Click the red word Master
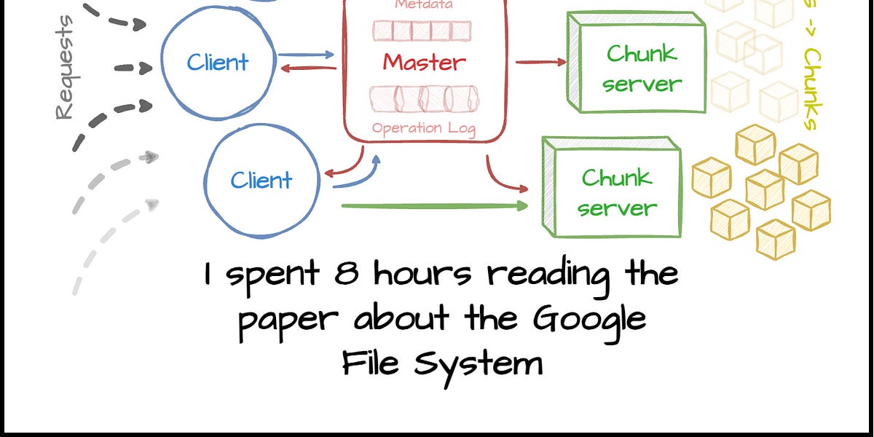point(425,63)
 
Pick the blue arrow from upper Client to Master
point(306,54)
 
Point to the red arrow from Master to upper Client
point(309,68)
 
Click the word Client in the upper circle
point(217,63)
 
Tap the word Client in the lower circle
point(261,180)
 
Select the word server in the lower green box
point(617,208)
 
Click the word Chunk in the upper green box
point(641,53)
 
